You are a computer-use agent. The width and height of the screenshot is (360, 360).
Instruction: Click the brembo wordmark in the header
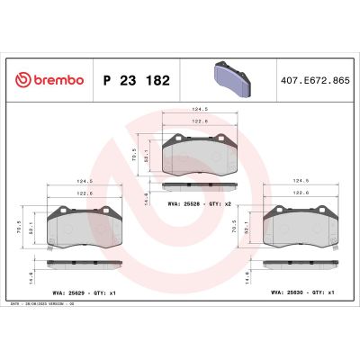click(56, 80)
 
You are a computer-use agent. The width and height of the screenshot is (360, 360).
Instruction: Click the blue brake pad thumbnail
click(225, 79)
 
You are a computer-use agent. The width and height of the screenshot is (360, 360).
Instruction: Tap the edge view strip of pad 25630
click(299, 262)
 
